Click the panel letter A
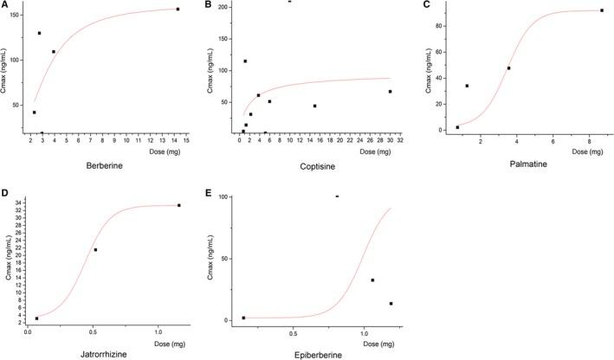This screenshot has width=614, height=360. coord(5,5)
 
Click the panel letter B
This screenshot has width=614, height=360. coord(210,5)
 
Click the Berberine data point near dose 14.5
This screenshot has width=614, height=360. coord(178,10)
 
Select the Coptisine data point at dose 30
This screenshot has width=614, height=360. coord(390,92)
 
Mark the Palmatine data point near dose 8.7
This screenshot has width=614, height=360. coord(601,10)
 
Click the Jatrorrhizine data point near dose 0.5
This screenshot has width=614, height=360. coord(95,250)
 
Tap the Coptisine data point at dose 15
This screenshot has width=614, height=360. coord(314,106)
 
